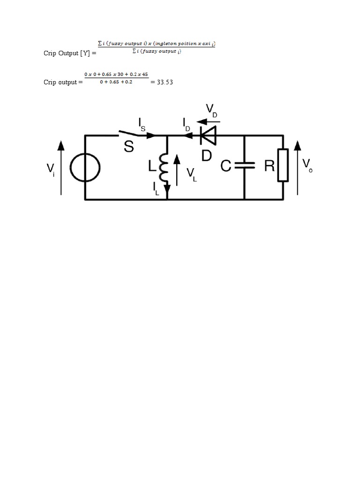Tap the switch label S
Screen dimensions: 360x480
point(129,146)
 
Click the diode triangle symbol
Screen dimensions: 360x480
point(208,135)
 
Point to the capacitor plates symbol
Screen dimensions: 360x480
point(245,165)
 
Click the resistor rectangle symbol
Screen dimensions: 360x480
point(283,165)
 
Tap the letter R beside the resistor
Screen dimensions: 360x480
point(270,166)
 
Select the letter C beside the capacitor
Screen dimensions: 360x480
point(226,166)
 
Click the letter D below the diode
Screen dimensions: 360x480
point(207,156)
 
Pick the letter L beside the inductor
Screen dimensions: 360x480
point(152,166)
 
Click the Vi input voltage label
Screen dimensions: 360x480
point(51,169)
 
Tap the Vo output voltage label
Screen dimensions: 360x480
point(307,166)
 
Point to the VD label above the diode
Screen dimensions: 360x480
point(211,111)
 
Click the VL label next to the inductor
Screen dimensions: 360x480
point(192,175)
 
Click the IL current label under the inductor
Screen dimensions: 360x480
point(156,189)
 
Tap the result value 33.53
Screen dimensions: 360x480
point(165,82)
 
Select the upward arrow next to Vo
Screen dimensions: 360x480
point(298,168)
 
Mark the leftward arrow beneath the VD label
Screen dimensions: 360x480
point(209,122)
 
